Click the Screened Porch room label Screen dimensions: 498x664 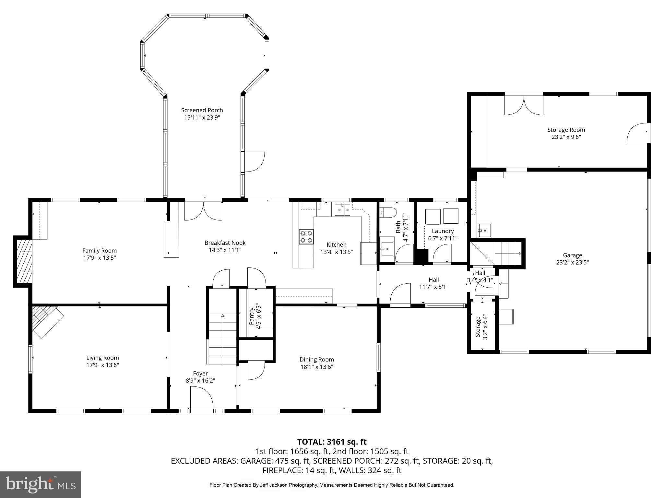[x=202, y=110]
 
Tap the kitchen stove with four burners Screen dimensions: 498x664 [x=306, y=237]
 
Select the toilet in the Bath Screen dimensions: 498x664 [x=388, y=212]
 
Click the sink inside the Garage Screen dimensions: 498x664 [x=484, y=230]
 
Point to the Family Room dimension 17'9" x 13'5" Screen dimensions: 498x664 [x=100, y=258]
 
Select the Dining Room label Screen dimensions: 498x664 [x=316, y=360]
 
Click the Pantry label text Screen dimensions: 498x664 [x=252, y=316]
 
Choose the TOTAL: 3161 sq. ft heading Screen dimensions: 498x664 [x=332, y=442]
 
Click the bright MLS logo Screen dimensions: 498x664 [x=41, y=484]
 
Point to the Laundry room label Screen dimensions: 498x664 [x=443, y=231]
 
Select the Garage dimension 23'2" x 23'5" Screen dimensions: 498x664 [x=572, y=262]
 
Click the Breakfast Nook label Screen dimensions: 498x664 [x=225, y=243]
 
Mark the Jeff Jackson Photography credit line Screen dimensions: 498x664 [x=331, y=485]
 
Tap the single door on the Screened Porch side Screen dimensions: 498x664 [x=254, y=161]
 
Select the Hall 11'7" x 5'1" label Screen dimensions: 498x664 [x=433, y=280]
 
